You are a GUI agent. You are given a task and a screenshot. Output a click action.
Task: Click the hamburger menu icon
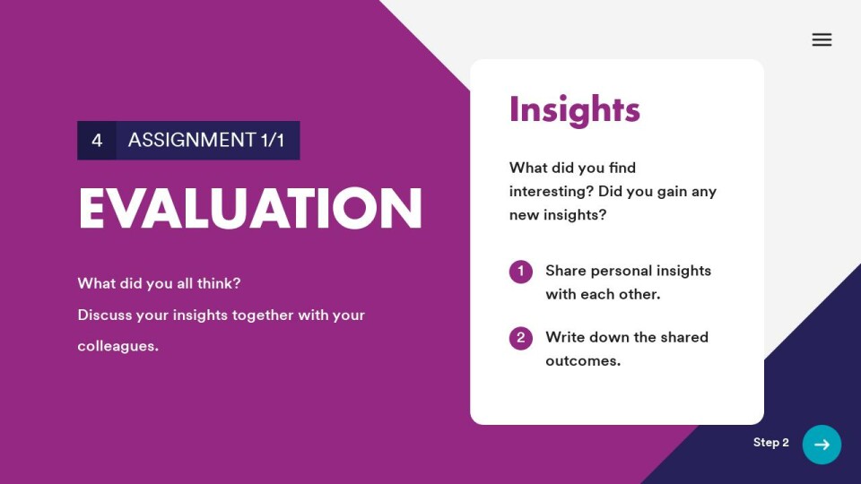pyautogui.click(x=822, y=39)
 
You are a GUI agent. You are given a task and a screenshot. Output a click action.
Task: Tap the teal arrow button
pyautogui.click(x=822, y=445)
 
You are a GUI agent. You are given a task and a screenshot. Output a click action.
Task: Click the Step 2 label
pyautogui.click(x=771, y=442)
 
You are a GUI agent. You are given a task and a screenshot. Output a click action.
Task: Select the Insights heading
pyautogui.click(x=574, y=109)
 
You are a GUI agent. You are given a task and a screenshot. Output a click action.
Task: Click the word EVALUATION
pyautogui.click(x=250, y=209)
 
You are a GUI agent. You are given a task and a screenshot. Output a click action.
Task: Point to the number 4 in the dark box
pyautogui.click(x=97, y=141)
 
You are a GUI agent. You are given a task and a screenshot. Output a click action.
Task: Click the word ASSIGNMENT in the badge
pyautogui.click(x=192, y=140)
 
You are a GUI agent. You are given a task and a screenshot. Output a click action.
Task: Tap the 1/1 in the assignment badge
pyautogui.click(x=273, y=140)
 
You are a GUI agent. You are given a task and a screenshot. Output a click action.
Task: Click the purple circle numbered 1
pyautogui.click(x=520, y=272)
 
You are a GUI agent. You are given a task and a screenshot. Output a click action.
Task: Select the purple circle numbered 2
pyautogui.click(x=520, y=338)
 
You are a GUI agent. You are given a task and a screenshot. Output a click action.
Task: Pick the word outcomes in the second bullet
pyautogui.click(x=583, y=361)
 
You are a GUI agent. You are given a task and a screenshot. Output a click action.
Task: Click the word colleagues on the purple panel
pyautogui.click(x=117, y=346)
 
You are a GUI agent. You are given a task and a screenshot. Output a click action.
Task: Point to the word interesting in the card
pyautogui.click(x=552, y=192)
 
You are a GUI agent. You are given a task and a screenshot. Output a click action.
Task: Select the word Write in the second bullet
pyautogui.click(x=565, y=337)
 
